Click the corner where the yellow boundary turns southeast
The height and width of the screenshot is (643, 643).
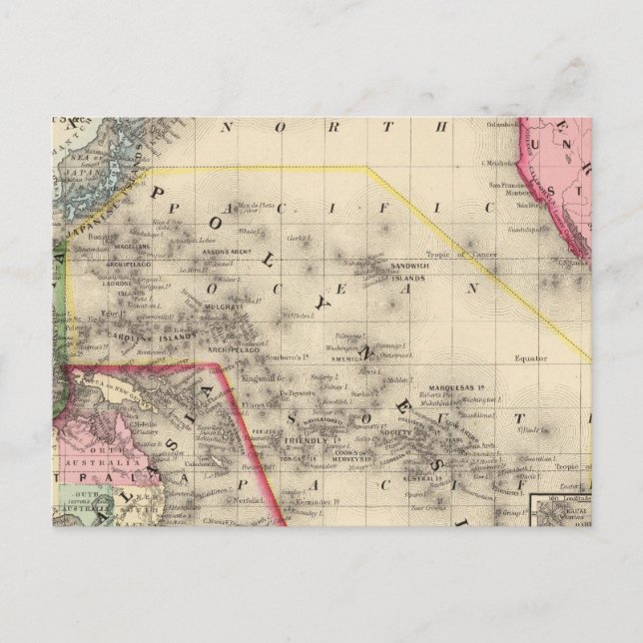tap(368, 168)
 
